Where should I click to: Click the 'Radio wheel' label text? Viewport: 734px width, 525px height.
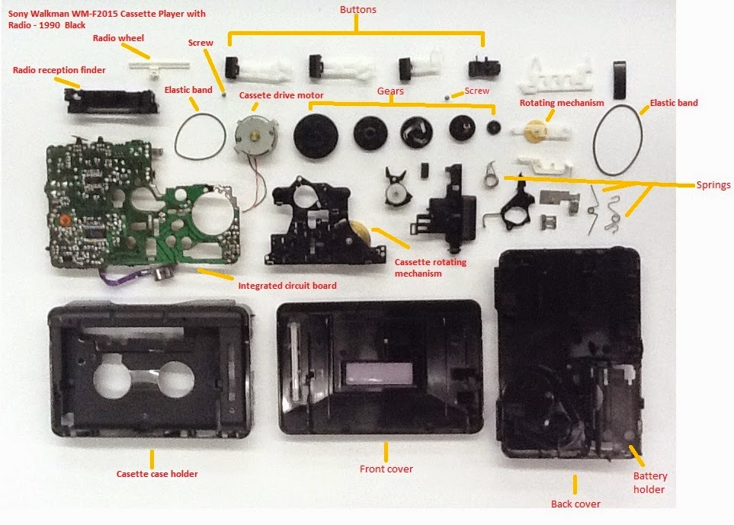click(x=118, y=38)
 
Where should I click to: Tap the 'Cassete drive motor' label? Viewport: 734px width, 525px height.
click(x=281, y=95)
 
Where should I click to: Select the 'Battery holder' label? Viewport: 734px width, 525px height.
click(x=649, y=483)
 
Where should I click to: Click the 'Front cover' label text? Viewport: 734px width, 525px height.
click(x=386, y=469)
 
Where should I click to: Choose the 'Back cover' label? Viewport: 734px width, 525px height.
click(x=575, y=504)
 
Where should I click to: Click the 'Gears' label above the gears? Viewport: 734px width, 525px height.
click(x=390, y=91)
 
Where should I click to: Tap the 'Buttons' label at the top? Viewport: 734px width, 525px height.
click(x=357, y=10)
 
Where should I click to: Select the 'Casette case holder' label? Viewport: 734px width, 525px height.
click(x=157, y=474)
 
